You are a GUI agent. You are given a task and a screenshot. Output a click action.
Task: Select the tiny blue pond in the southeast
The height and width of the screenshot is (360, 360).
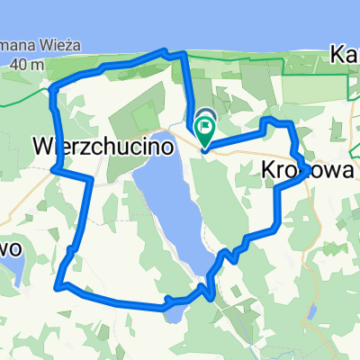310,311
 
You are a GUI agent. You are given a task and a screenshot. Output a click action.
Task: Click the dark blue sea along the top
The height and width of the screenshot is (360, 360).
180,18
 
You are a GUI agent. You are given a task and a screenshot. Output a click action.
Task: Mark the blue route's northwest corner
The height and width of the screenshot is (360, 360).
55,88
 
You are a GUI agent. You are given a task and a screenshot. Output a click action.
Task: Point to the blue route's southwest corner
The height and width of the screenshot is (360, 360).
59,287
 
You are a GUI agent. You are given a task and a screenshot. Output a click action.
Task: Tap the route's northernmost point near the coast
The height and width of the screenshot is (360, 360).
165,51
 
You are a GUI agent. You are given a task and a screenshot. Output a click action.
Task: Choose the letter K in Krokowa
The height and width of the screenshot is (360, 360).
269,170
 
